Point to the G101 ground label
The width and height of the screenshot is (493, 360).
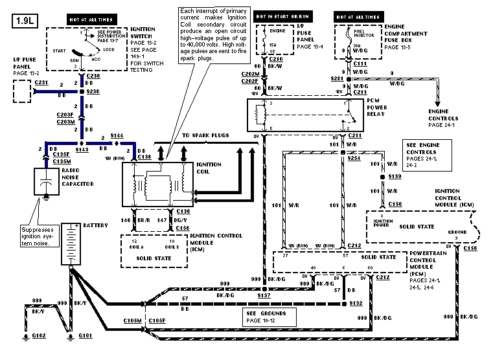point(86,336)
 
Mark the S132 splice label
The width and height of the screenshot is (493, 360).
point(355,303)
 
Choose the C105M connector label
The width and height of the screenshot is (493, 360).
point(133,320)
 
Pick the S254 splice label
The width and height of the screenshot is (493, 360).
point(354,157)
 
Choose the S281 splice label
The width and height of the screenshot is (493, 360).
point(335,78)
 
